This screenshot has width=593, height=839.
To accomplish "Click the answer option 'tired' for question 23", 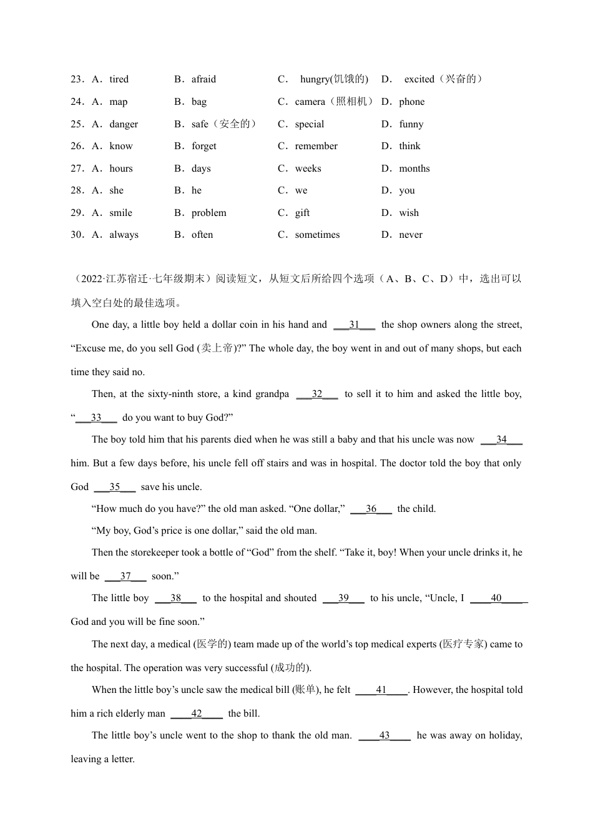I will click(119, 79).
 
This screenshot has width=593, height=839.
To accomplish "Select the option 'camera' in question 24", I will click(310, 102).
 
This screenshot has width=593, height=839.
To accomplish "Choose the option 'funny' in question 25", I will click(411, 124).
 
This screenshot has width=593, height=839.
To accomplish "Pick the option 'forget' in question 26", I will click(203, 146).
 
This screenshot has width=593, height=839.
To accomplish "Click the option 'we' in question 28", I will click(301, 190).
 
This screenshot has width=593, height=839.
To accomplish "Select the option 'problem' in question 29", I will click(208, 213).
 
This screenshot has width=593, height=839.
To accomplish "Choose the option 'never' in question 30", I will click(411, 235).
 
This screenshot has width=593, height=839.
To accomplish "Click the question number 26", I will click(77, 146).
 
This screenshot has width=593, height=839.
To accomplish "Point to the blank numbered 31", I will click(355, 325).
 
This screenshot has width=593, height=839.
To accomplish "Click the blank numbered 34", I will click(501, 440).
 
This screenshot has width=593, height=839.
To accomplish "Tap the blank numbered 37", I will click(125, 576).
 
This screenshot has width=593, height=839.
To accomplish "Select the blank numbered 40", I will click(497, 598).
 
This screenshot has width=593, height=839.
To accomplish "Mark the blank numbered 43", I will click(385, 735).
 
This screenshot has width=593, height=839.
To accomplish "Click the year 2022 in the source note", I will click(91, 279).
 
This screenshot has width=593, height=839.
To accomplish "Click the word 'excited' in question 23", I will click(419, 79).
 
